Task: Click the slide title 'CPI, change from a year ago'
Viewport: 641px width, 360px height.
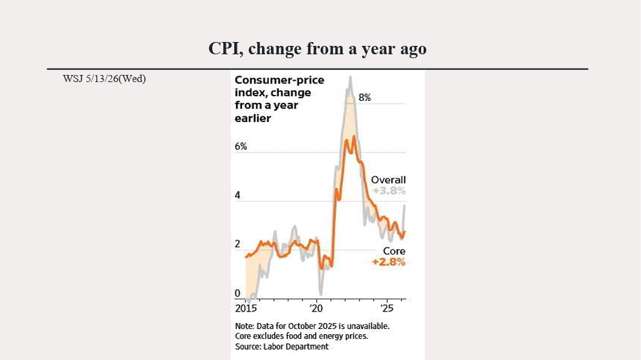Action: click(317, 48)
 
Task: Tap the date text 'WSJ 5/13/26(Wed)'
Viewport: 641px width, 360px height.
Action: click(104, 78)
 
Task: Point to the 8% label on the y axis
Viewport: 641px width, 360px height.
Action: click(365, 97)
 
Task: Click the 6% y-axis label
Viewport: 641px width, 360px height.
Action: click(241, 146)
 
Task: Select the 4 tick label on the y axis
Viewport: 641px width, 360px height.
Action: click(237, 195)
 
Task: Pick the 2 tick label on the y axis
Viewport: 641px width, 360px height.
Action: click(237, 244)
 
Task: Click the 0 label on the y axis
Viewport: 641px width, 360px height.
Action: click(237, 293)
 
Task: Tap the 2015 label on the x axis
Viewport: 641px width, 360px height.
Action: click(246, 308)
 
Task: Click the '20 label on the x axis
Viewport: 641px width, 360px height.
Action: click(316, 308)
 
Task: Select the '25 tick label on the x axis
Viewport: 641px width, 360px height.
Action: click(386, 308)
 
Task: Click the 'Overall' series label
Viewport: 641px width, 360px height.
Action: click(388, 180)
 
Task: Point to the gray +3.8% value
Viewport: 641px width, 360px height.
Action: click(389, 191)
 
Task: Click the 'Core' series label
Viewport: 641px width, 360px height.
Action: click(394, 251)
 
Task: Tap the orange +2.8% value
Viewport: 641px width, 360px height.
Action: click(389, 262)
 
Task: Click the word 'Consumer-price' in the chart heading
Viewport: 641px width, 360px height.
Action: click(279, 80)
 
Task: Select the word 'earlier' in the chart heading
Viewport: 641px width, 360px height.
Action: click(253, 118)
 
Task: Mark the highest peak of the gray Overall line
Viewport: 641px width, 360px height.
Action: click(350, 77)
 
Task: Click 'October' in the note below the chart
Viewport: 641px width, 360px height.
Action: click(301, 326)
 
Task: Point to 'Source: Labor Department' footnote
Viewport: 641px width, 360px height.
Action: click(281, 346)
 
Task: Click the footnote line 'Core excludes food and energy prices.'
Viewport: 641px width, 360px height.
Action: click(301, 336)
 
